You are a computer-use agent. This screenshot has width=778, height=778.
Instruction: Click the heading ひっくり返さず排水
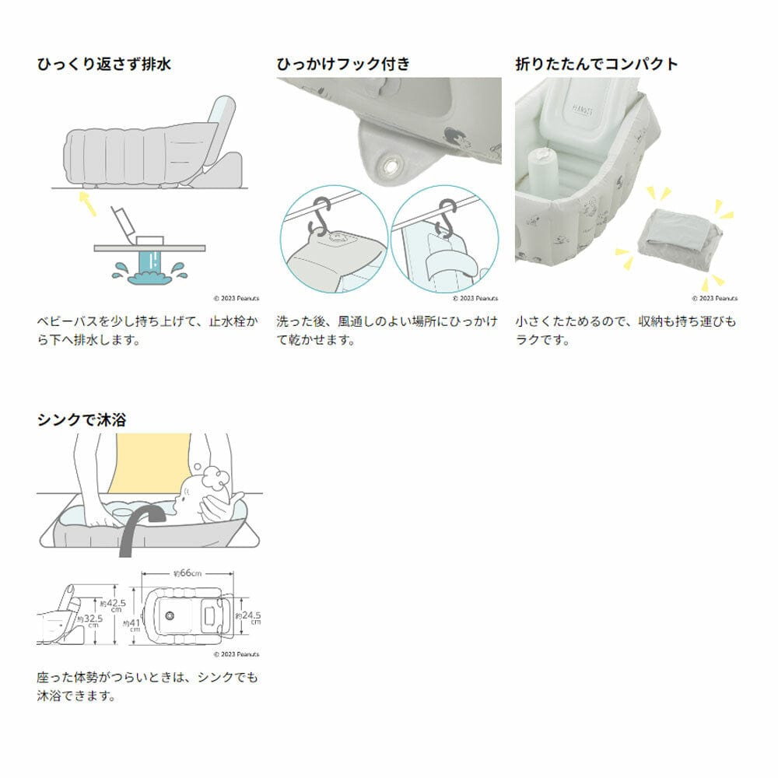[104, 65]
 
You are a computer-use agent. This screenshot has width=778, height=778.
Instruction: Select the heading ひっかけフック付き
[343, 65]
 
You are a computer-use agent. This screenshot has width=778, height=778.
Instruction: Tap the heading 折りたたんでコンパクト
[597, 65]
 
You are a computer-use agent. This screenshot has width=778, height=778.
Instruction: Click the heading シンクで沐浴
[82, 420]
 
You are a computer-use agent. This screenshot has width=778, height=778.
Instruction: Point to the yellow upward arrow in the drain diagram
[88, 205]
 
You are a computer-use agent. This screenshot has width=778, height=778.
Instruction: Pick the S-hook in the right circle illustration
[446, 219]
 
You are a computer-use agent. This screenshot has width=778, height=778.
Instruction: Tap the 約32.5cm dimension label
[93, 619]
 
